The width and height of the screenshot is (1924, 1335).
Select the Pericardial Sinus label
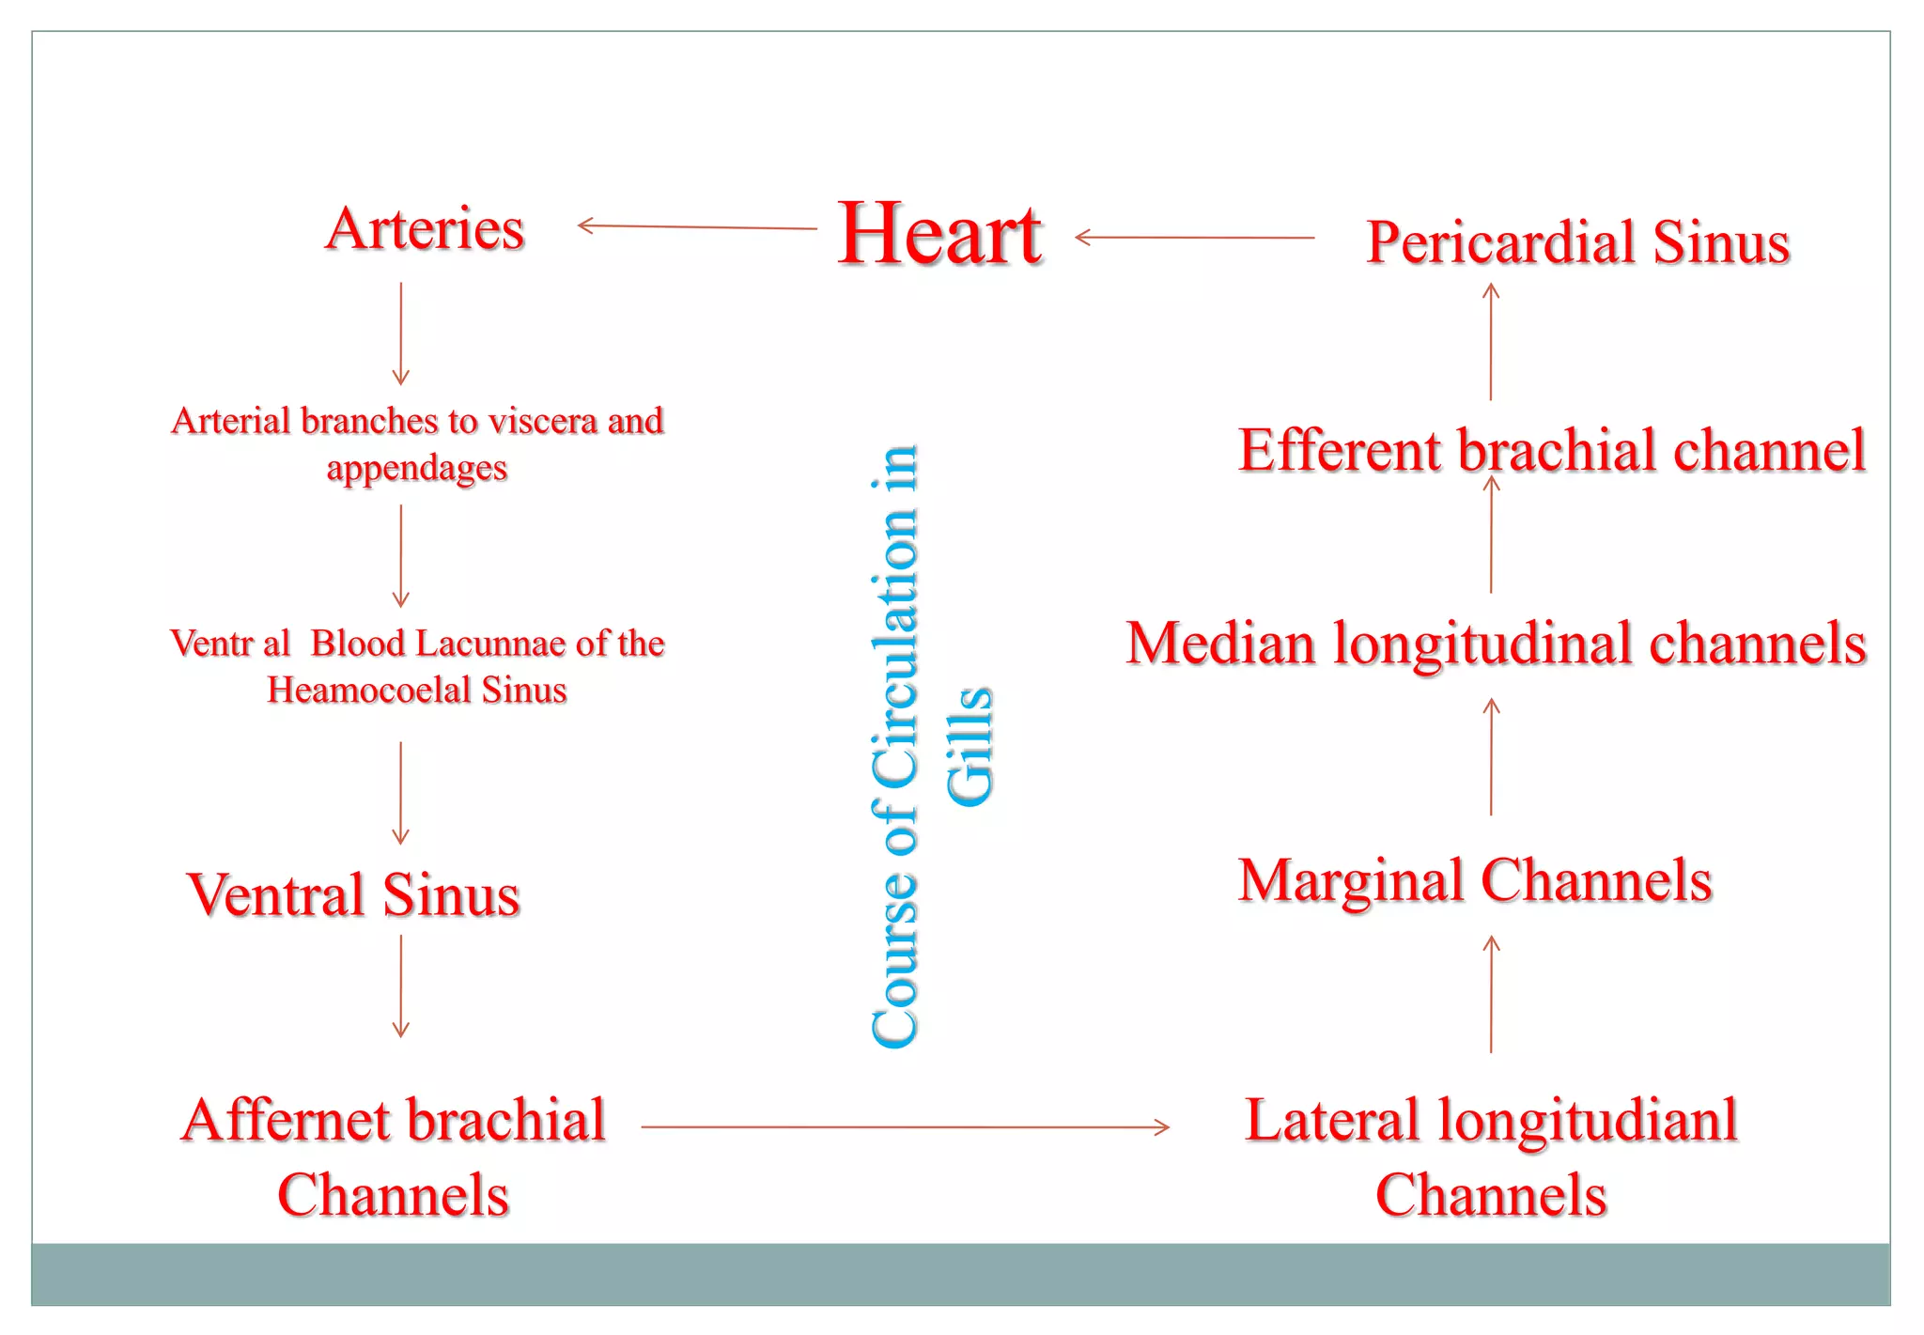1577,241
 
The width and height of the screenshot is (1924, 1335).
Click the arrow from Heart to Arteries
696,226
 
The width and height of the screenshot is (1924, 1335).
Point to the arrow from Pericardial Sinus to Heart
1193,238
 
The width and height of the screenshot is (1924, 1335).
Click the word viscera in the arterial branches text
546,421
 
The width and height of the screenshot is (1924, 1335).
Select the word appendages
416,467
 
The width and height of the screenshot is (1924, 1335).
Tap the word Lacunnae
491,644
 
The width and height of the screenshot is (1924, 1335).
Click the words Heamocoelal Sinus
416,691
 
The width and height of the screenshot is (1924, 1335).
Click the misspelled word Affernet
286,1120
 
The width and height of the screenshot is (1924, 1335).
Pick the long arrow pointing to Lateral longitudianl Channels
905,1126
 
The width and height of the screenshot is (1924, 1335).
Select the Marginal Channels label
1475,880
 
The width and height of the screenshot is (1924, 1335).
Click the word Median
1220,644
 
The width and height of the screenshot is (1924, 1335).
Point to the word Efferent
1340,450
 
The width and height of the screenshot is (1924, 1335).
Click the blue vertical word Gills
970,746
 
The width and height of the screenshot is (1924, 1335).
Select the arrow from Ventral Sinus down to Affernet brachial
401,986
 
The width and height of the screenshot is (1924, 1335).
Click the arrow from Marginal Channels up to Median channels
1491,756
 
